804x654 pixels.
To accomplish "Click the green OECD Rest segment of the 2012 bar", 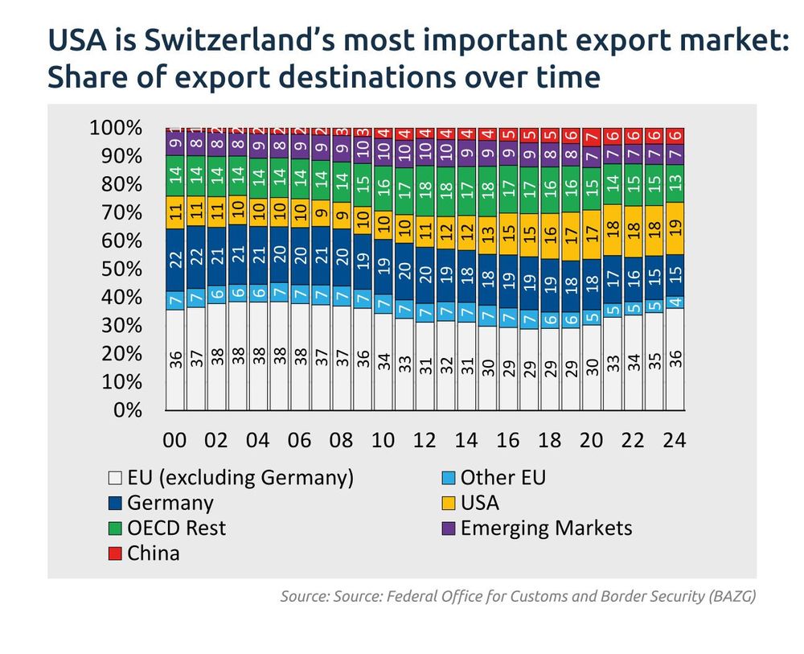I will [425, 191].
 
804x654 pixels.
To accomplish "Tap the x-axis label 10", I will [383, 441].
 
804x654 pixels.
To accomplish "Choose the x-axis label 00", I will [175, 441].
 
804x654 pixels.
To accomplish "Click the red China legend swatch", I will [115, 553].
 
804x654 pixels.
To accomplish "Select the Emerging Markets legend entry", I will [546, 528].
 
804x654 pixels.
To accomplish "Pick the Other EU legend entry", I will [503, 478].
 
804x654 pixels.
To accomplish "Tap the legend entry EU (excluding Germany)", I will [240, 478].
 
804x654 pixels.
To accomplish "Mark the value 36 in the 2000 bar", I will [175, 359].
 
